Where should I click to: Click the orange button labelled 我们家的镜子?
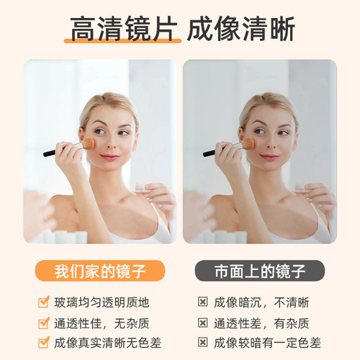pos(100,271)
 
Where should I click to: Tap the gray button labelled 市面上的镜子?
pos(260,271)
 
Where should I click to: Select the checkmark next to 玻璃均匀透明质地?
pos(44,302)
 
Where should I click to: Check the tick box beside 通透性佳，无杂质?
pos(44,323)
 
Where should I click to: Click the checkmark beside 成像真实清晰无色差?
pos(44,342)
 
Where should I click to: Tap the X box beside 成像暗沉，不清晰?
pos(202,302)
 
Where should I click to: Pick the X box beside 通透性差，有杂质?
pos(202,323)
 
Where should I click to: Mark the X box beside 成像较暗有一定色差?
pos(202,342)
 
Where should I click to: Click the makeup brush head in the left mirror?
pos(88,143)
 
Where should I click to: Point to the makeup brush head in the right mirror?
pos(248,143)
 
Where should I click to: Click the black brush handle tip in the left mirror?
pos(45,155)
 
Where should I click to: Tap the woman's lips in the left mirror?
pos(109,157)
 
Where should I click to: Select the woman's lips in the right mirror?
pos(269,157)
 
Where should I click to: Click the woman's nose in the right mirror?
pos(271,143)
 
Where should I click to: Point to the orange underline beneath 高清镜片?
pos(122,41)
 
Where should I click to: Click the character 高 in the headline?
pos(83,29)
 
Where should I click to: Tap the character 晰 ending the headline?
pos(282,29)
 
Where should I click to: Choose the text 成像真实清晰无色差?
pos(107,343)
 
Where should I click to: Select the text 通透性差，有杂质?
pos(261,323)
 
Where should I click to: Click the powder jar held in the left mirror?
pos(142,189)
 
